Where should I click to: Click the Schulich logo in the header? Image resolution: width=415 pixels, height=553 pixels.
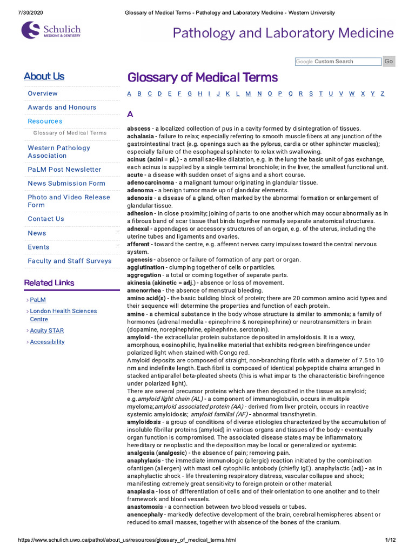point(51,30)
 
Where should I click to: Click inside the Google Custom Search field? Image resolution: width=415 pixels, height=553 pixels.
point(338,62)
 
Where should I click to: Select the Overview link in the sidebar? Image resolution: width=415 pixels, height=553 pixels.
point(43,93)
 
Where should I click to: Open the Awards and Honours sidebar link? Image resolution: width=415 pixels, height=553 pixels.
point(62,107)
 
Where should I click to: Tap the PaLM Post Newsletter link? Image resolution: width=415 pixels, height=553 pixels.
point(64,170)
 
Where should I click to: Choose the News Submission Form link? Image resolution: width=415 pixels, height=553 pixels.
point(66,184)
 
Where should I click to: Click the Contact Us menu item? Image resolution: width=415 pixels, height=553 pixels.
point(46,219)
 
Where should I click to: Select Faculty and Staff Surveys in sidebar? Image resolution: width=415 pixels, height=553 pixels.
point(69,261)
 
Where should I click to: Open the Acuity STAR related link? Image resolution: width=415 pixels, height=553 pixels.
point(47,331)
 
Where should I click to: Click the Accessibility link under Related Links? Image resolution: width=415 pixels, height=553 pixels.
point(47,342)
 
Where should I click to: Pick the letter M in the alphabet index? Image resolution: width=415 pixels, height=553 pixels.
point(248,93)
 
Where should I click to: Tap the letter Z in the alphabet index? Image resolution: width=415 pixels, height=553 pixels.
point(383,93)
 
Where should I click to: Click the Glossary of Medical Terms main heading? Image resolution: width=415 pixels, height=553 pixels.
point(202,77)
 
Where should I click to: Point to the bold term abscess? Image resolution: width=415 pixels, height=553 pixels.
point(139,129)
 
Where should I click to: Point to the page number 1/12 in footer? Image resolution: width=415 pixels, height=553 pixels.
point(391,540)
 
